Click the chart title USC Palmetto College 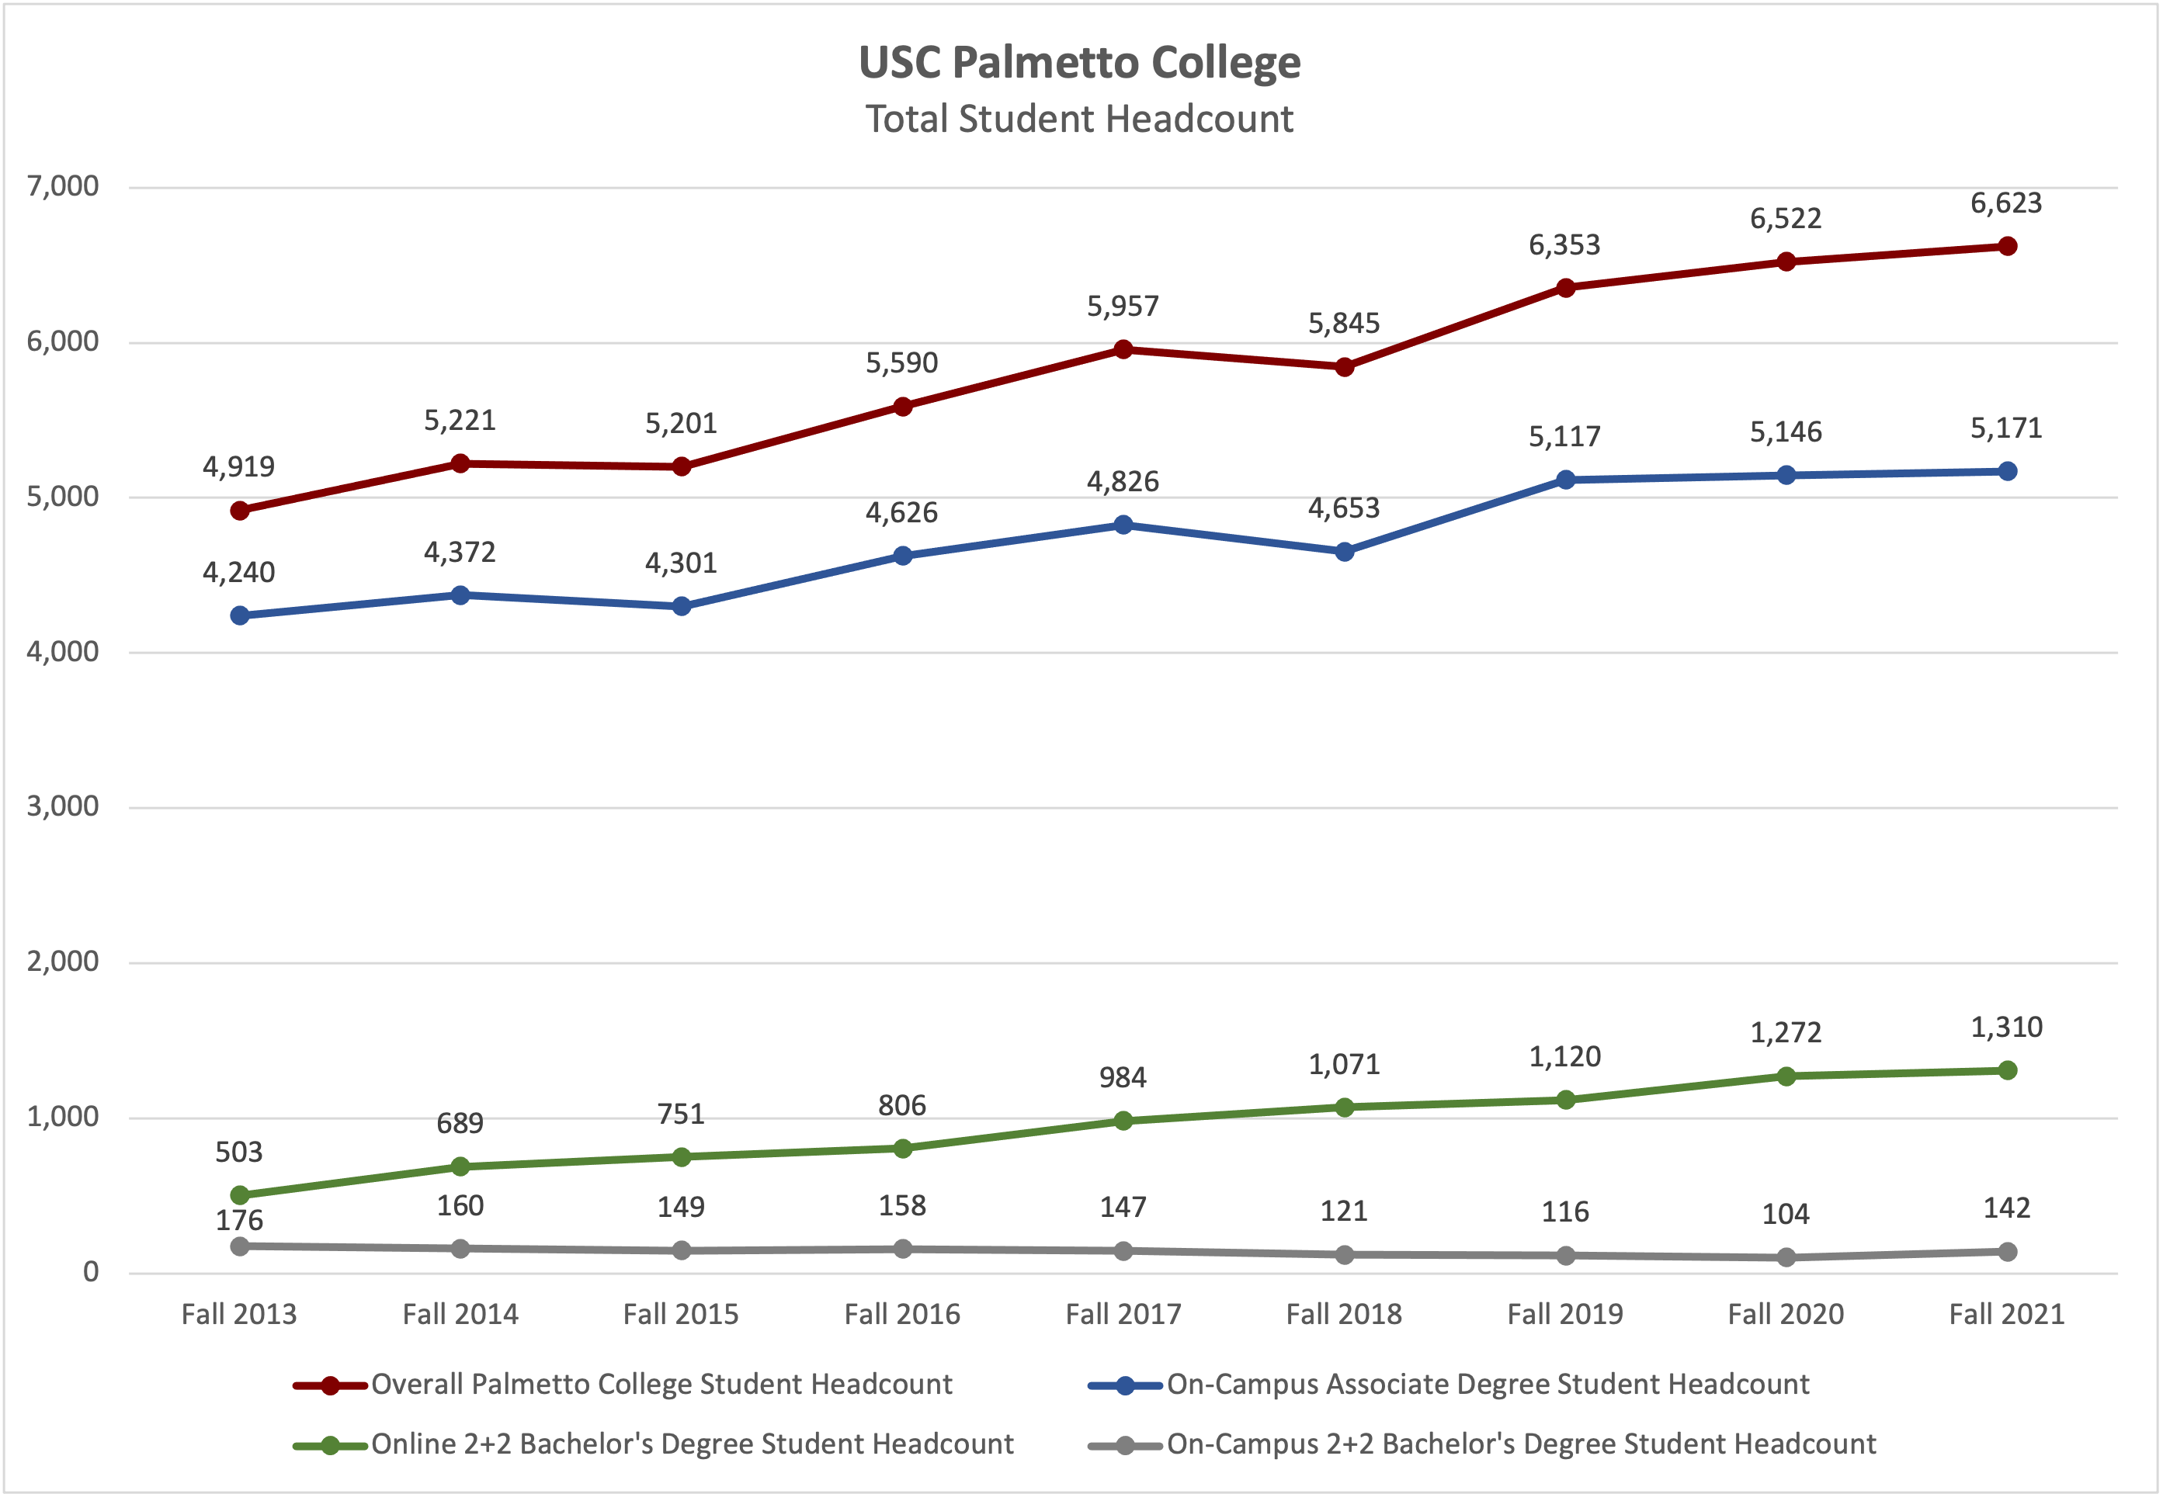coord(1080,63)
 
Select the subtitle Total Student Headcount coord(1080,120)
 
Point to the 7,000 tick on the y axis coord(63,186)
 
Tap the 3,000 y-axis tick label coord(63,806)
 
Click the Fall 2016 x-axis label coord(901,1314)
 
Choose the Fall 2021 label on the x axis coord(2007,1314)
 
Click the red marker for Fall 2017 coord(1123,350)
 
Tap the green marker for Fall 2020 coord(1786,1076)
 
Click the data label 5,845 coord(1344,324)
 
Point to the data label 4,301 coord(681,563)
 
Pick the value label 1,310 coord(2007,1028)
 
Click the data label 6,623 coord(2007,203)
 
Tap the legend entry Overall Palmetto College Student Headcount coord(661,1385)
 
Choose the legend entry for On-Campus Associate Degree coord(1487,1385)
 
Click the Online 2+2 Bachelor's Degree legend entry coord(692,1444)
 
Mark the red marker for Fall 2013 coord(240,510)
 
